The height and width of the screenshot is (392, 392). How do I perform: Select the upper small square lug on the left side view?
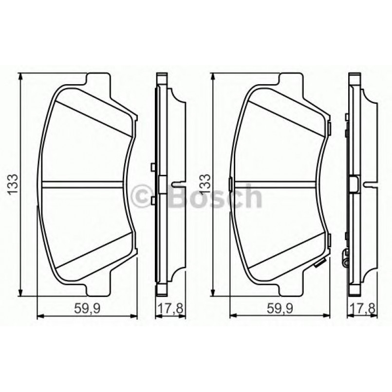(x=153, y=167)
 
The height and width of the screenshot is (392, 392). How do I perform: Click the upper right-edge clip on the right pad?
(x=330, y=129)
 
